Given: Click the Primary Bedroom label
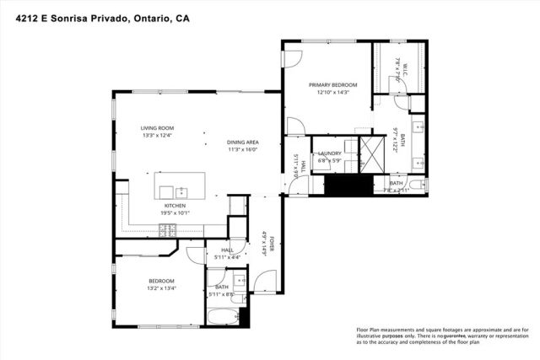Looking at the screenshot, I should pyautogui.click(x=332, y=85).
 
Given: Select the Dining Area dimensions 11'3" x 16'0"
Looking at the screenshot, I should pyautogui.click(x=241, y=149).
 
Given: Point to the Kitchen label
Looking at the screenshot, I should pyautogui.click(x=175, y=205).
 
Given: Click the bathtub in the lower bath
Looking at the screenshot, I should pyautogui.click(x=224, y=318).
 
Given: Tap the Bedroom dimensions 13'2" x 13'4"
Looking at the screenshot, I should pyautogui.click(x=161, y=288).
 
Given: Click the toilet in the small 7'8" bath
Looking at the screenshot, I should pyautogui.click(x=418, y=185).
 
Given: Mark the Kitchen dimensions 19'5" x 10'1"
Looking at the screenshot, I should pyautogui.click(x=175, y=212).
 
